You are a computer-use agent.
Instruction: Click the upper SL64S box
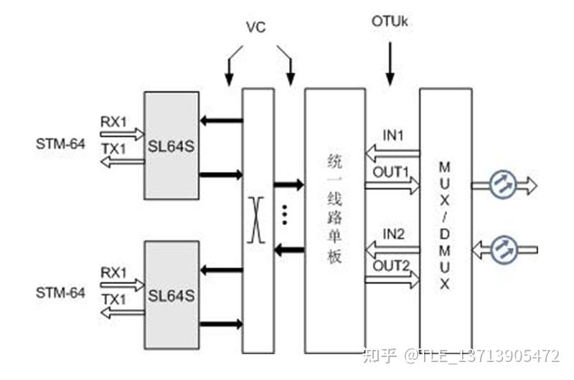(171, 148)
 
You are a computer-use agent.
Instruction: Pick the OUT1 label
(390, 172)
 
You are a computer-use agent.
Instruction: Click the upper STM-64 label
(61, 145)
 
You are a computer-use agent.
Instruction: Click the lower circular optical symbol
(503, 249)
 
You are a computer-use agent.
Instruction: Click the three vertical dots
(285, 214)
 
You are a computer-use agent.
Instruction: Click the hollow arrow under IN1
(392, 153)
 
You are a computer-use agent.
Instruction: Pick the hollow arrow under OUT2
(392, 281)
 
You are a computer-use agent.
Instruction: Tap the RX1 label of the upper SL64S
(113, 121)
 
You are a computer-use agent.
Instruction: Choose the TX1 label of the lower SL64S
(113, 298)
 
